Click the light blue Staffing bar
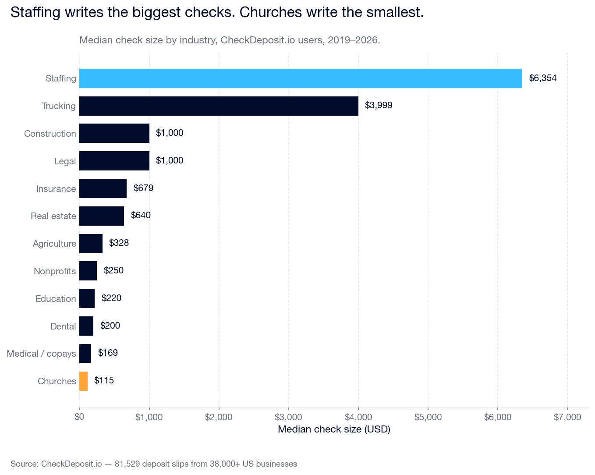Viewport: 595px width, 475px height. tap(301, 78)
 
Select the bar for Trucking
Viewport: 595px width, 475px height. tap(219, 106)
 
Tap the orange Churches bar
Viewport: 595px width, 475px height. tap(83, 381)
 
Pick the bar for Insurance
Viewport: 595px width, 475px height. tap(103, 188)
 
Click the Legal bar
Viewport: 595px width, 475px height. tap(114, 161)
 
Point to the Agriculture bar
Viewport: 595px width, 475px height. tap(91, 244)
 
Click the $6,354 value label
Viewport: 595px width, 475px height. tap(542, 78)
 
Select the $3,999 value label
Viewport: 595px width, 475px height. tap(379, 106)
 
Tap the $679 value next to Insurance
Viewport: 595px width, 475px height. tap(143, 188)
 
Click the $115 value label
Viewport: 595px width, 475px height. tap(104, 380)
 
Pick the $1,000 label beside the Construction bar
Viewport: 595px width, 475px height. tap(169, 133)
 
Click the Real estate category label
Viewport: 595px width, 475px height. tap(53, 216)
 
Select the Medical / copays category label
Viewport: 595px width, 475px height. tap(41, 354)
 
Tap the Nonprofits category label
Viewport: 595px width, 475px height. tap(55, 271)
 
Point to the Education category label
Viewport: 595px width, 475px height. tap(56, 299)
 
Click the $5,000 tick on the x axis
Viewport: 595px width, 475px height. tap(428, 417)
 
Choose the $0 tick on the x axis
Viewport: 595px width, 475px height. tap(79, 417)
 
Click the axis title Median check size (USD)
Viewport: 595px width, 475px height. tap(334, 429)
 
